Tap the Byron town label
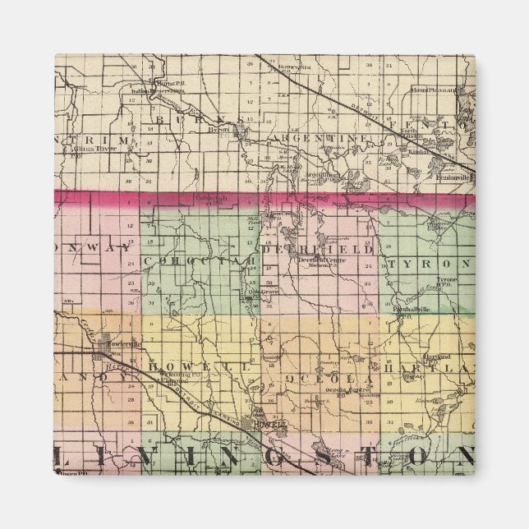click(x=219, y=130)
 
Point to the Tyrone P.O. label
click(x=448, y=281)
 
